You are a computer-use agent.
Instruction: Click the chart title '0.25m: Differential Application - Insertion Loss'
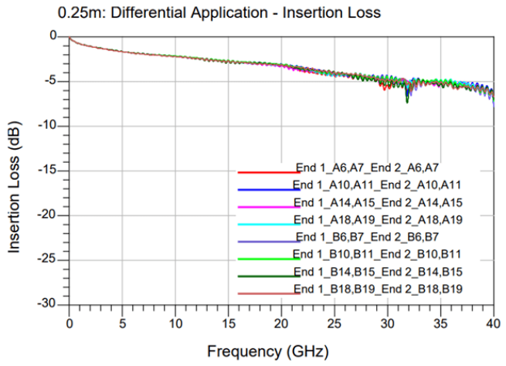coord(219,13)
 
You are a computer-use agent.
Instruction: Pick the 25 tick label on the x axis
coord(335,322)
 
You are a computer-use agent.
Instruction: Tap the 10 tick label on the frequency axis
coord(175,322)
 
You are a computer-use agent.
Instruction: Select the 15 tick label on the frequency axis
coord(229,322)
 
